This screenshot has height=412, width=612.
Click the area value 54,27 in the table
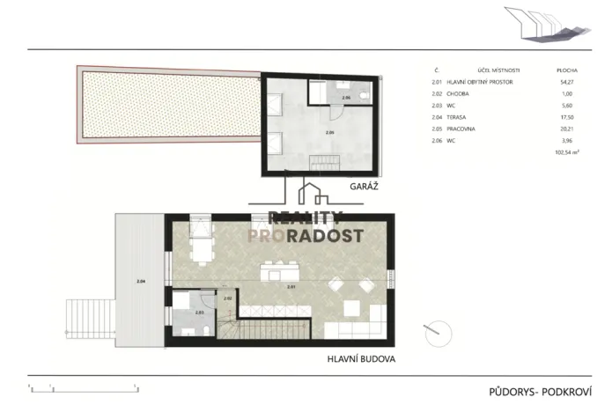coord(566,83)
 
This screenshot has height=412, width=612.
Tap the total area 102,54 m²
coord(565,153)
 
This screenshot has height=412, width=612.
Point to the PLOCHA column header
coord(566,69)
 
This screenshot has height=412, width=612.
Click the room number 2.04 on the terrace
coord(140,281)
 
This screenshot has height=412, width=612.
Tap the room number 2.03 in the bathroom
coord(199,313)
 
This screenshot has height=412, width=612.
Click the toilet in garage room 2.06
coord(365,92)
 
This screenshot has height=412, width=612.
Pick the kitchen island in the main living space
coord(281,266)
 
